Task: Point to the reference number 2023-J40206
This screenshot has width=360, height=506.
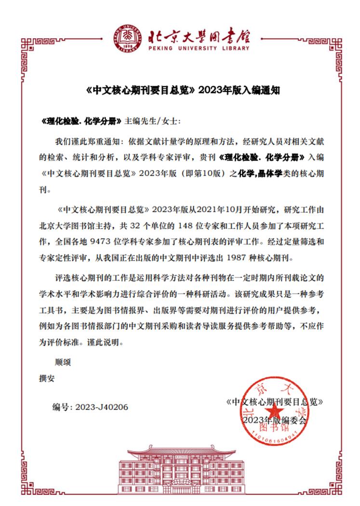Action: [102, 407]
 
